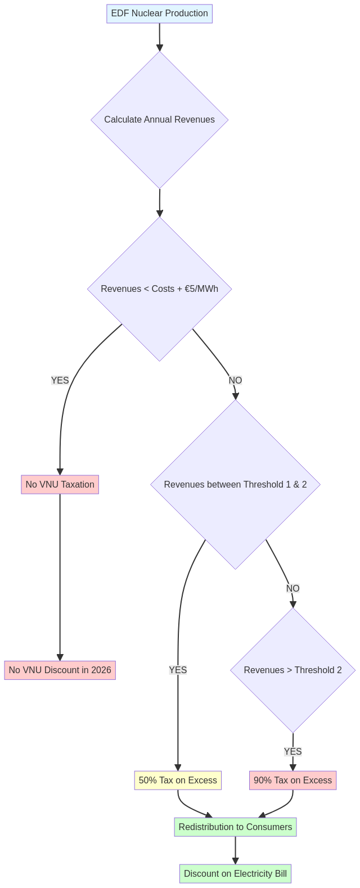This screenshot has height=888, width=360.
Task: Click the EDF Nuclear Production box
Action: pos(159,13)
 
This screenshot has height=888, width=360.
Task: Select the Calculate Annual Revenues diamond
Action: pos(159,120)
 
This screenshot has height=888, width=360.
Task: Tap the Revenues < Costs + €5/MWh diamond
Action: pos(159,289)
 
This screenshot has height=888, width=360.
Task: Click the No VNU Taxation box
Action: pos(60,485)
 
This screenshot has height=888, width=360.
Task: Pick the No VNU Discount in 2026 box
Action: pos(60,670)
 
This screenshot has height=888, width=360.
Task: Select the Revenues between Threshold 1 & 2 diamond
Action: pos(235,485)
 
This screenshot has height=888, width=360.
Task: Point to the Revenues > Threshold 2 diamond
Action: pos(292,670)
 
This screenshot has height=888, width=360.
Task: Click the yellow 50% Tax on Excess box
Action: pos(178,781)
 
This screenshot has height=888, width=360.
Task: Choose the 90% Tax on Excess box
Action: pos(292,781)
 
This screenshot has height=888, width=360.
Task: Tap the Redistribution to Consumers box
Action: pos(235,827)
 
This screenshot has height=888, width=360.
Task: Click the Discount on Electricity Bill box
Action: pos(235,874)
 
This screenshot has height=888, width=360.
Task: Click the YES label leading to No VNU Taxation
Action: pos(60,381)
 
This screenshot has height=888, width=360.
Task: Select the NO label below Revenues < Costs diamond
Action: pos(235,381)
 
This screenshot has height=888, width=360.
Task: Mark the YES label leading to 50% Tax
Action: pos(178,670)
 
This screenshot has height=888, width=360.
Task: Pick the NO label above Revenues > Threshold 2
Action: pos(292,589)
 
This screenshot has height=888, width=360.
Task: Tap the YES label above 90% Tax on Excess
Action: pos(292,752)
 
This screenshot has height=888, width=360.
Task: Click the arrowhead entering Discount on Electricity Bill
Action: pos(235,861)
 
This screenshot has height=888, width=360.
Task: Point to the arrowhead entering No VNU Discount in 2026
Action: pos(60,657)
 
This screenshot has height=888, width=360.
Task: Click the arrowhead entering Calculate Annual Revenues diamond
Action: pos(160,47)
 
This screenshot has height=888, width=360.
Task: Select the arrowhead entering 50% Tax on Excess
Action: pos(178,768)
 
